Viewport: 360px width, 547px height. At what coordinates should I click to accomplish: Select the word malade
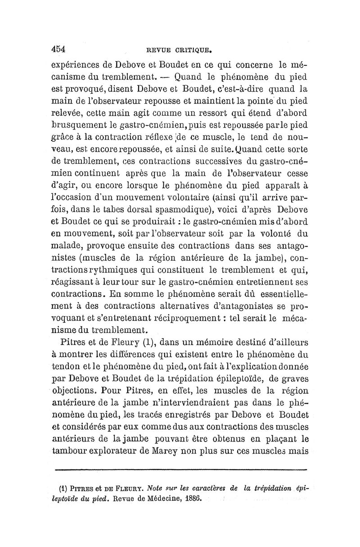tap(69, 246)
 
